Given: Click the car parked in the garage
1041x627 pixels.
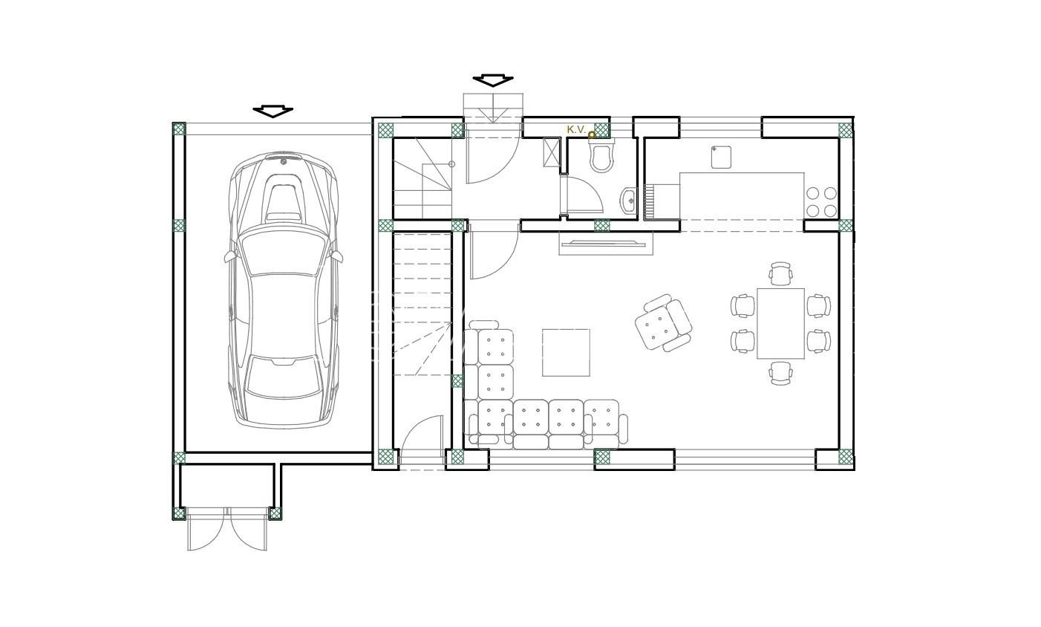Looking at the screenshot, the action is click(284, 289).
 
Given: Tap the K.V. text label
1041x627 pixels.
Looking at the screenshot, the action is click(576, 130).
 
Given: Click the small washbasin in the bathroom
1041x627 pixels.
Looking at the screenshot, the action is click(628, 201).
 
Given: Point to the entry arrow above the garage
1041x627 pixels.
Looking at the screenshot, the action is click(273, 111).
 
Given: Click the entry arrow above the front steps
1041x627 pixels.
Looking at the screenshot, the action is click(493, 80).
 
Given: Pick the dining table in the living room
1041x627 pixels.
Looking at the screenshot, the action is click(781, 323).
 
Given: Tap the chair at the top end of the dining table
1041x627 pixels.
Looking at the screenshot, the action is click(781, 273).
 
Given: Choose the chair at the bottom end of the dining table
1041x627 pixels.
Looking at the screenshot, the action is click(781, 373).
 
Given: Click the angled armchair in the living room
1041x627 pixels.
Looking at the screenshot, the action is click(663, 322).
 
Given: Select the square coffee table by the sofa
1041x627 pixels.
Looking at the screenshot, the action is click(566, 353).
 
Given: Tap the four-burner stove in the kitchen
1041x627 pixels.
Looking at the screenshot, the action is click(821, 202).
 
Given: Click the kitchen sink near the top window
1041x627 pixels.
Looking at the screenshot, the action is click(721, 157).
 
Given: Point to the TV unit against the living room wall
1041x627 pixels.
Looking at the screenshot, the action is click(606, 243).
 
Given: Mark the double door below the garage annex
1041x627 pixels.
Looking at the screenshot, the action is click(227, 530).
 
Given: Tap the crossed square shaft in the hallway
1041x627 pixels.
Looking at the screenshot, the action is click(552, 152).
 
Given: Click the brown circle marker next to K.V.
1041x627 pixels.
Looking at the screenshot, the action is click(592, 135).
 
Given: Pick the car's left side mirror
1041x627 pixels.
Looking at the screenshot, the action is click(229, 256).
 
